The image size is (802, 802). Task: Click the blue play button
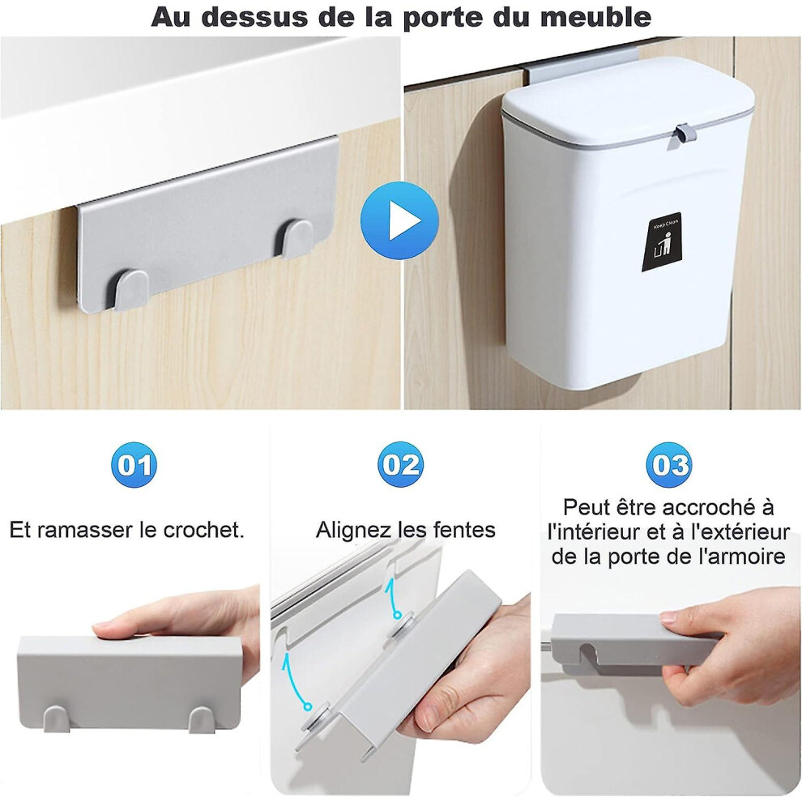[399, 220]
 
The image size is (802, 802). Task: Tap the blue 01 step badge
[134, 464]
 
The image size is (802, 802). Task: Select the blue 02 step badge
[400, 464]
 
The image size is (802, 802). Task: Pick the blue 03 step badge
[668, 464]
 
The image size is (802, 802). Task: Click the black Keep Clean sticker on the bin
[662, 242]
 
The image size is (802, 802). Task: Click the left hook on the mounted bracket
[131, 290]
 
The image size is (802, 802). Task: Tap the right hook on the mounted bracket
[296, 239]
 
